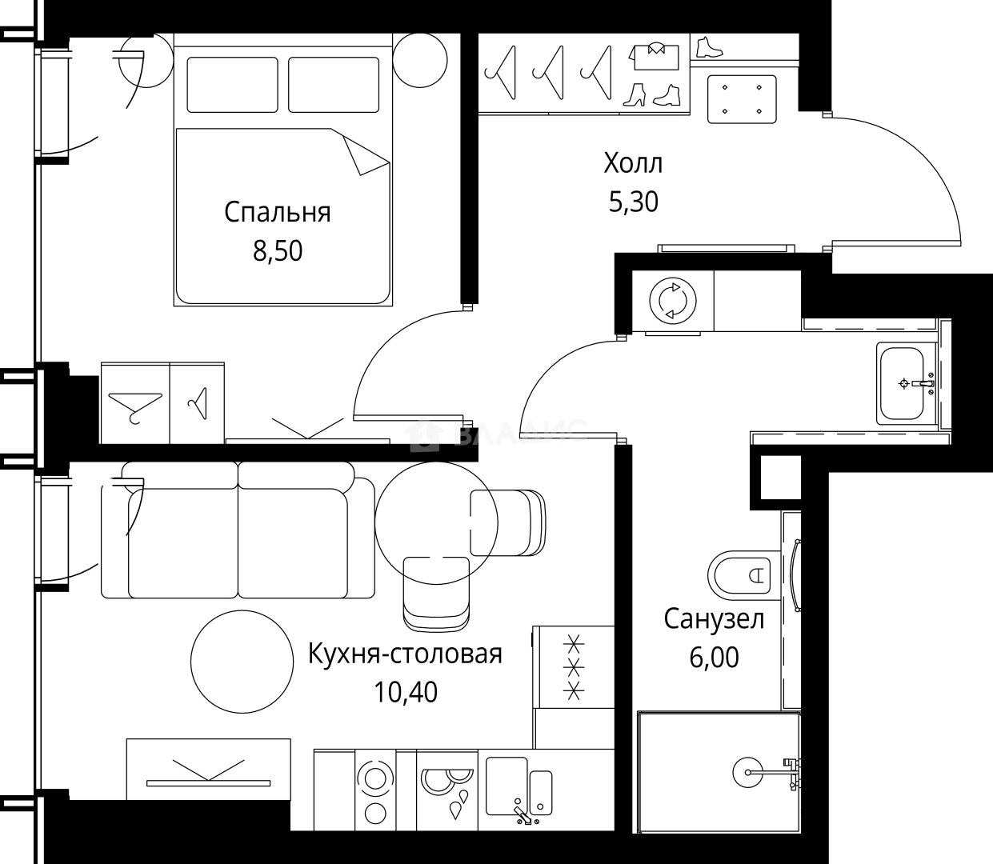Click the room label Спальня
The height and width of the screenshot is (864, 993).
click(277, 213)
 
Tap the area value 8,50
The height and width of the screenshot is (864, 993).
click(278, 251)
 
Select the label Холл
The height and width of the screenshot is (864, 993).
click(633, 164)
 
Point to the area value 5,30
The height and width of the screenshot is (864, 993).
click(633, 202)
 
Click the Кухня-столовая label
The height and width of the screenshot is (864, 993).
click(405, 654)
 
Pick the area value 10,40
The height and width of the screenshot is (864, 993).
click(406, 692)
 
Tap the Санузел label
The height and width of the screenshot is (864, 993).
click(714, 619)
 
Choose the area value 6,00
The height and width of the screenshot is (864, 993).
click(714, 658)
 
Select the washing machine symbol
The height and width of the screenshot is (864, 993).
click(672, 302)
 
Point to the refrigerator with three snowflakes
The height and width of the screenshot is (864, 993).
click(573, 666)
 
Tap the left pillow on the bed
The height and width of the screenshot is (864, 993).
click(232, 85)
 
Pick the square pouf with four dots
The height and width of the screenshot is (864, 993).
click(742, 99)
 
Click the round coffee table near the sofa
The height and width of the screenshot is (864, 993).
click(242, 660)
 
